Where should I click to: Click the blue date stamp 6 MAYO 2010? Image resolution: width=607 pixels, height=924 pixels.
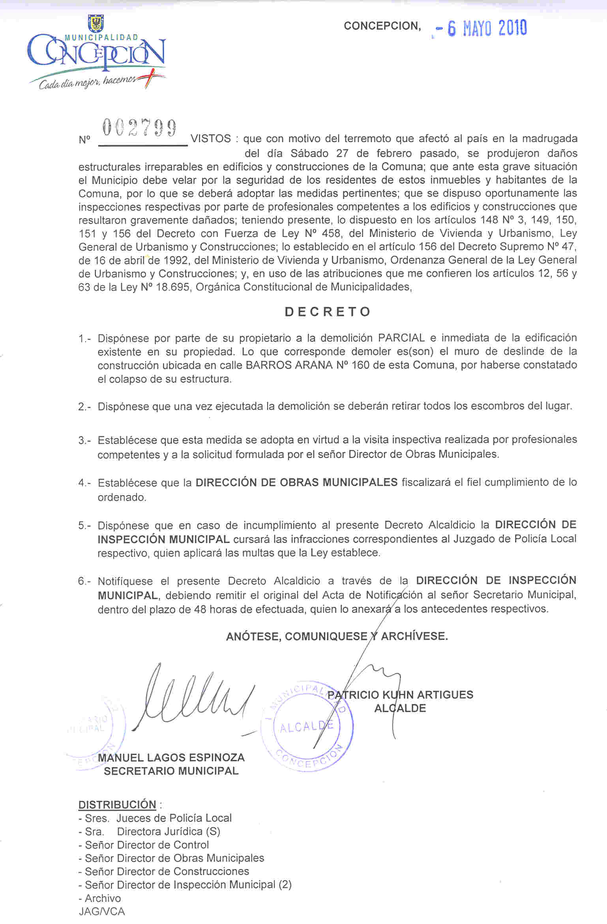[487, 28]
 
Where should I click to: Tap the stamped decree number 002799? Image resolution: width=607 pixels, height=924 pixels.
[139, 128]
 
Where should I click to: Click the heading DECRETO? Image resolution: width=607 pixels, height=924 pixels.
[328, 312]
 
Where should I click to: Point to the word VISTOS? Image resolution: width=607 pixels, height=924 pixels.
[211, 139]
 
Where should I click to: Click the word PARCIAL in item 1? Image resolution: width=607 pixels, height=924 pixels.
[401, 338]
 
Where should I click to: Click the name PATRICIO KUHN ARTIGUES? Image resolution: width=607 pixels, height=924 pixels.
[400, 695]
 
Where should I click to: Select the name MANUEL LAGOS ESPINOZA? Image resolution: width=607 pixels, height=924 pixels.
[171, 757]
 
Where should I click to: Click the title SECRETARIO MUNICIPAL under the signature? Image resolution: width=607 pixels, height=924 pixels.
[171, 771]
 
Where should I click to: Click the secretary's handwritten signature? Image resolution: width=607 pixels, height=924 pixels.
[193, 698]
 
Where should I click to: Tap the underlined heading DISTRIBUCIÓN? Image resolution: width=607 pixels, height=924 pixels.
[117, 804]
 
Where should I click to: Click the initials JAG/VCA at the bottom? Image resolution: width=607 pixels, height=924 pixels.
[101, 911]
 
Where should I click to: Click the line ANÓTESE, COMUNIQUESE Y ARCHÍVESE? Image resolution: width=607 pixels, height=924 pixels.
[337, 636]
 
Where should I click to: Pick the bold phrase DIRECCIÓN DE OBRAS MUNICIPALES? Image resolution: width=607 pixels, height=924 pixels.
[296, 482]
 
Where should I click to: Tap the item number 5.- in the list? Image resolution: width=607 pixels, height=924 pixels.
[84, 526]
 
